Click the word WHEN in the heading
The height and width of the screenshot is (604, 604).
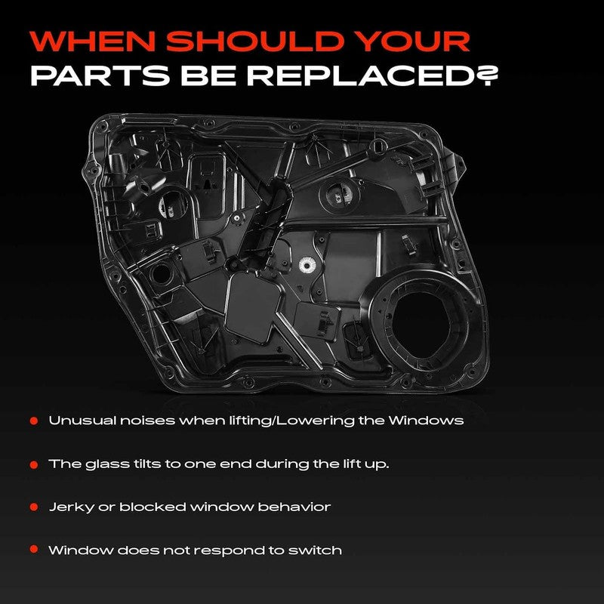93,41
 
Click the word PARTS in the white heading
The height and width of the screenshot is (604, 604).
100,75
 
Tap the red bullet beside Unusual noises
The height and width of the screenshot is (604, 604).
34,421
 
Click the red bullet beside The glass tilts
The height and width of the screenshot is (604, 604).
34,464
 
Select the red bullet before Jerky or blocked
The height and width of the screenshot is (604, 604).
34,507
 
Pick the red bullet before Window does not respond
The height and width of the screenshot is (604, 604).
34,550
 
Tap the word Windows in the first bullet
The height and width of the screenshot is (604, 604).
426,421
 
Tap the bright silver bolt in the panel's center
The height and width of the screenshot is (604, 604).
307,264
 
